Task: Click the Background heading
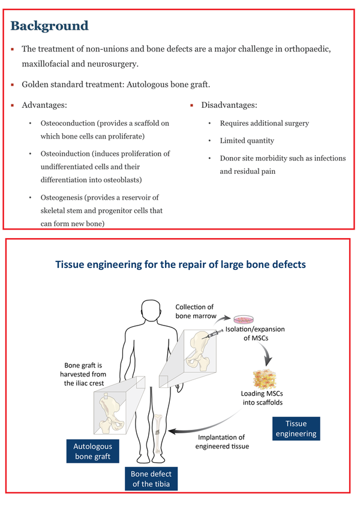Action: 50,26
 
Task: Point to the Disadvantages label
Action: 229,105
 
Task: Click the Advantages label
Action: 44,105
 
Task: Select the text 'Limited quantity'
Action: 247,140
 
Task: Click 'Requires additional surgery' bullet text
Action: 265,123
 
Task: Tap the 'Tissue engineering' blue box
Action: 296,429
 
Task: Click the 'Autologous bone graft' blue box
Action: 93,451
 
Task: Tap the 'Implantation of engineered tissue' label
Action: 222,441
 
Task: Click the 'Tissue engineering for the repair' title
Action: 180,264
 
